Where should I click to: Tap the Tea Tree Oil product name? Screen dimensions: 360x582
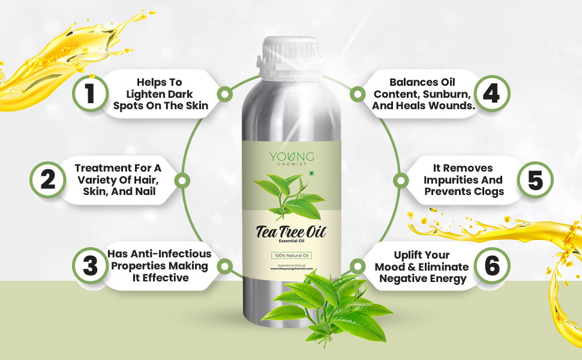click(x=291, y=231)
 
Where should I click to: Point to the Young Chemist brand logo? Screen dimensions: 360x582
click(x=291, y=160)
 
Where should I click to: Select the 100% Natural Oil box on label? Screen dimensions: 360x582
click(x=291, y=256)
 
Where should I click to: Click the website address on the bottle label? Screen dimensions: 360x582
click(x=291, y=269)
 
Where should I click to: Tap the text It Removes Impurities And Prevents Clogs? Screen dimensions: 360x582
click(x=463, y=180)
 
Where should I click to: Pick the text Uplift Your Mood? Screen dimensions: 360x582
click(x=421, y=266)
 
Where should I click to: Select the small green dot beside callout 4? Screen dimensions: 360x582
click(x=358, y=94)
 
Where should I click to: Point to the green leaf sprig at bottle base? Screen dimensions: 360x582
click(x=321, y=309)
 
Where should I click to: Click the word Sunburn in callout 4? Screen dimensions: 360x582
click(x=449, y=94)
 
